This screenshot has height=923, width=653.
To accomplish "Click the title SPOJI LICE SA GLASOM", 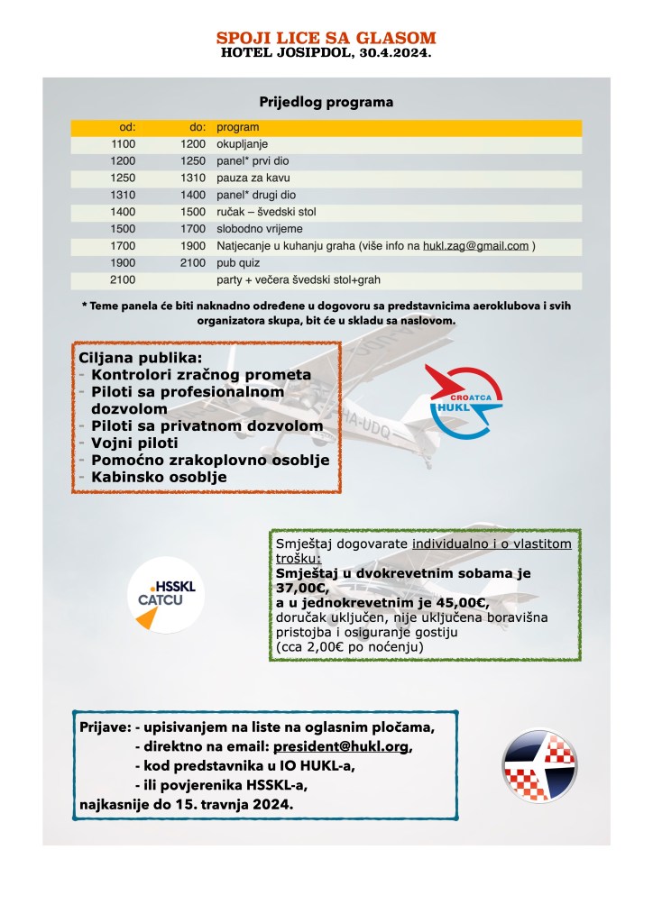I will tap(326, 38).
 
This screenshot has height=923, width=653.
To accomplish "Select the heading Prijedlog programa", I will tap(326, 102).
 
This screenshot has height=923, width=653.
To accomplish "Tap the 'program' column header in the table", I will tap(238, 127).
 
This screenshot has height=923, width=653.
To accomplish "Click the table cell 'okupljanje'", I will tap(243, 143).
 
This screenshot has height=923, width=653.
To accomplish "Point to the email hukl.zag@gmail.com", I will tap(475, 245).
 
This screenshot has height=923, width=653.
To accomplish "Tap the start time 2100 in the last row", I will tap(122, 279).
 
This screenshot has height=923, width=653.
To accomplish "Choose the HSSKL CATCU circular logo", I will tap(166, 594).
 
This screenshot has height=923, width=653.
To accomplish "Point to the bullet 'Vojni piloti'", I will tap(135, 443).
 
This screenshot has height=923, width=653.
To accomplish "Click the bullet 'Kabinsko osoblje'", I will tap(160, 477).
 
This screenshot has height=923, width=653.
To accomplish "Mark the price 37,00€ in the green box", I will tap(299, 588).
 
